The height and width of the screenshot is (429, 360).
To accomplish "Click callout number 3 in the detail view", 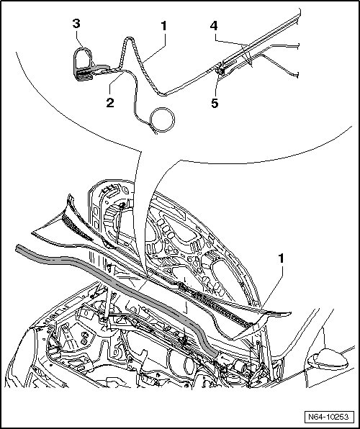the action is (x=76, y=24).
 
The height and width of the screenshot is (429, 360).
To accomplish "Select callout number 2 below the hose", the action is (x=110, y=103).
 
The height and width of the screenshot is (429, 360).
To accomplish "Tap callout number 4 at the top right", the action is (x=214, y=26).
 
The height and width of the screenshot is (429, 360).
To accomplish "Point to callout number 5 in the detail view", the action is (x=215, y=104).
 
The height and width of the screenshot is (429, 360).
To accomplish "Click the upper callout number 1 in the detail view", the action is (x=163, y=26).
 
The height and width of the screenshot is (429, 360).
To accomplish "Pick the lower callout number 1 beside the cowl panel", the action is (x=281, y=259).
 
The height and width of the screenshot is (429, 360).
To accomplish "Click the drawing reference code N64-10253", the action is (x=328, y=417).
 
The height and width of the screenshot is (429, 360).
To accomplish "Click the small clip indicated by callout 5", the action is (x=220, y=71).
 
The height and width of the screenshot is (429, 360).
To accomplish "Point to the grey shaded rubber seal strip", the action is (x=115, y=284).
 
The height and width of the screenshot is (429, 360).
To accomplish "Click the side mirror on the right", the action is (x=328, y=359).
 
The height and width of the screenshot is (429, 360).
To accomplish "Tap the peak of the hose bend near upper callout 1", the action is (x=129, y=38).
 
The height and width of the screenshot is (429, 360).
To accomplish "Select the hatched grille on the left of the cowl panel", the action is (x=77, y=227).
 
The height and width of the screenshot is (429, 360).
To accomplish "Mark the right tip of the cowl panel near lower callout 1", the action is (x=291, y=312).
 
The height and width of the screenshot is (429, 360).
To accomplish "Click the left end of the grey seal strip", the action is (x=17, y=248).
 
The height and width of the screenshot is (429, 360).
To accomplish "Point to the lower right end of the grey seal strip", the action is (x=215, y=353).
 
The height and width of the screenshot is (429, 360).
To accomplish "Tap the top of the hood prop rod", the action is (x=122, y=204).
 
